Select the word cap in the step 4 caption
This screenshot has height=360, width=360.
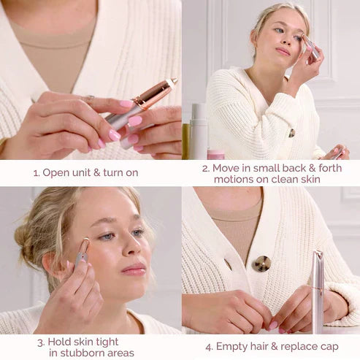(330, 347)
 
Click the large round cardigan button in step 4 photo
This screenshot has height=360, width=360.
(261, 264)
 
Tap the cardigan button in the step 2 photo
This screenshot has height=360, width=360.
(291, 133)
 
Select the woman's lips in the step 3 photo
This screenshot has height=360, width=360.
(133, 270)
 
